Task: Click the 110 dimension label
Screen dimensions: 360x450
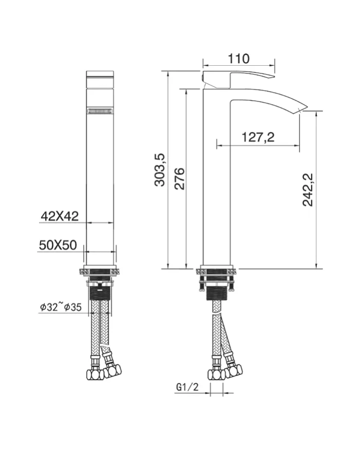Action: pyautogui.click(x=238, y=59)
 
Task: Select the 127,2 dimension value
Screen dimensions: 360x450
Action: pyautogui.click(x=258, y=137)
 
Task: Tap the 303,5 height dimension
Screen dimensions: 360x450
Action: pyautogui.click(x=160, y=170)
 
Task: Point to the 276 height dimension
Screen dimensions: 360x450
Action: pyautogui.click(x=179, y=178)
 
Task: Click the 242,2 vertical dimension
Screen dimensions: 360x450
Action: pyautogui.click(x=308, y=190)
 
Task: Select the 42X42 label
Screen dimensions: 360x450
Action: pyautogui.click(x=60, y=216)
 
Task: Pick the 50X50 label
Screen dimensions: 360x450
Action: pyautogui.click(x=58, y=245)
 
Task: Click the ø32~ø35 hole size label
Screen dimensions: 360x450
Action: pyautogui.click(x=61, y=307)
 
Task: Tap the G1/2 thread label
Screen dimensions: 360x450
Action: pyautogui.click(x=187, y=387)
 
